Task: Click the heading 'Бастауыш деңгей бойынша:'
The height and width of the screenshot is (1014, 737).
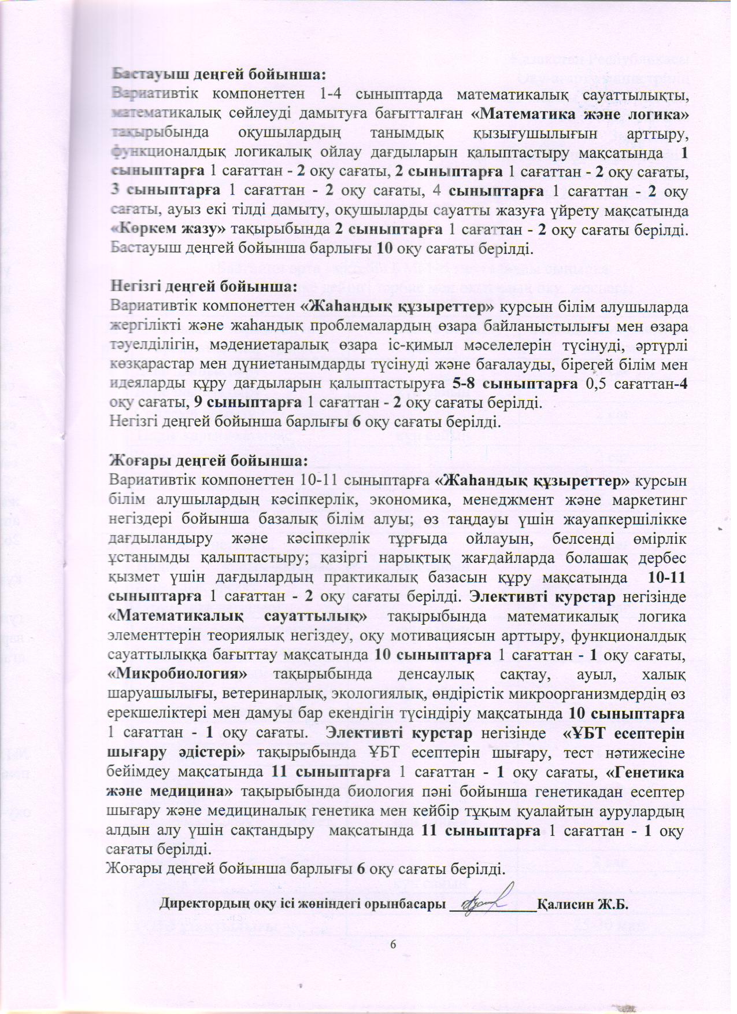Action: [x=219, y=75]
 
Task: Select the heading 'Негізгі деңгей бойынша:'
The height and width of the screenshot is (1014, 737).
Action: [x=203, y=286]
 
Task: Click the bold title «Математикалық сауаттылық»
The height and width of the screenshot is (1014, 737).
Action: [x=238, y=615]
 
